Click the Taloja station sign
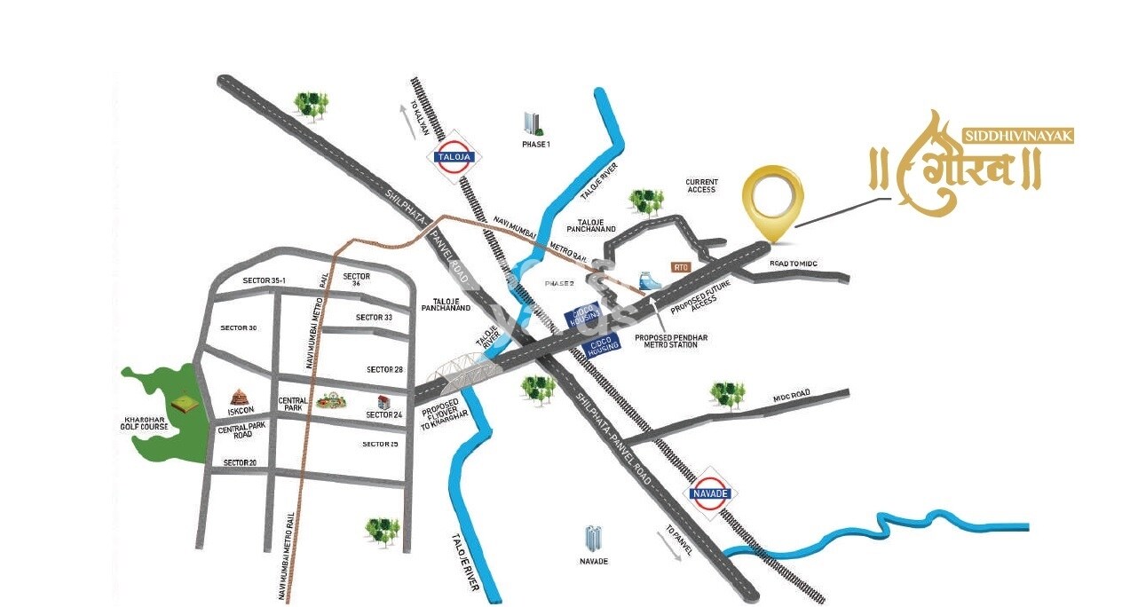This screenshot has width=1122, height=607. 454,157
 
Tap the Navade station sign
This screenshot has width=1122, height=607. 710,493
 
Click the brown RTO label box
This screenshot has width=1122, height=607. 682,266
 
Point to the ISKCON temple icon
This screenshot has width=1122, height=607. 238,398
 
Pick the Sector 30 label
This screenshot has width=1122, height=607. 239,328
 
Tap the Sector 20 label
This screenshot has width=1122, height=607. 240,462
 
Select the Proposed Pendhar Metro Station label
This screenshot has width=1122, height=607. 666,340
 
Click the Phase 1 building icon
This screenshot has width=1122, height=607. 533,123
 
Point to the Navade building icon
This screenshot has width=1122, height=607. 593,538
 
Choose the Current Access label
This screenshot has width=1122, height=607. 700,185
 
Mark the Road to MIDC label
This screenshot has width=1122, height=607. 793,264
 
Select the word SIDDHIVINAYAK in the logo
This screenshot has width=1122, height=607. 1018,136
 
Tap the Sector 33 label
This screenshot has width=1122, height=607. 374,317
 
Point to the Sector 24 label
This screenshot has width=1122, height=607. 384,414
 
